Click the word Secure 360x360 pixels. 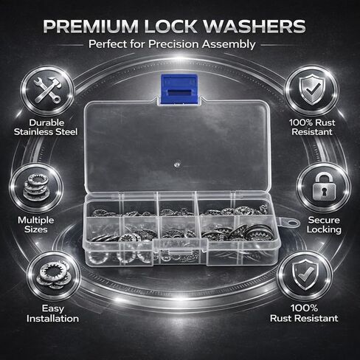pyautogui.click(x=325, y=219)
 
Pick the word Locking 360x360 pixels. pyautogui.click(x=325, y=230)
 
